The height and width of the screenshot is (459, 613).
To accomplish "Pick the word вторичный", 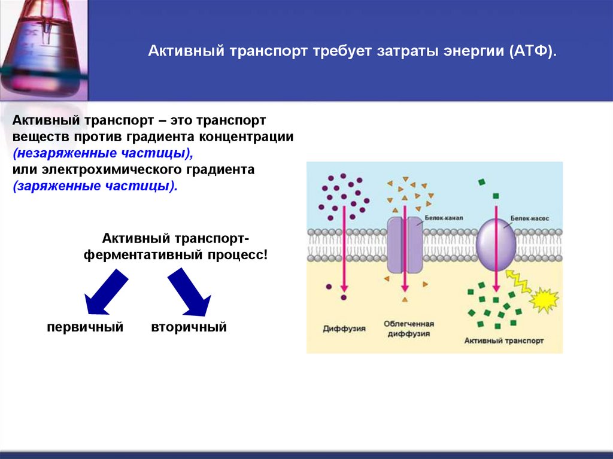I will point(189,327).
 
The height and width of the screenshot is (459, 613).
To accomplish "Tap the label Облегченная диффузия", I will point(409,328).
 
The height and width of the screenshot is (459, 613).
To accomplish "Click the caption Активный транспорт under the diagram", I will point(503,341).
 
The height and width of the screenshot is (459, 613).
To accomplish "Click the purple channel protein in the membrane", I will point(404,245).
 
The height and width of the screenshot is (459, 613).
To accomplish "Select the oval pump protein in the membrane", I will point(496,244).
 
